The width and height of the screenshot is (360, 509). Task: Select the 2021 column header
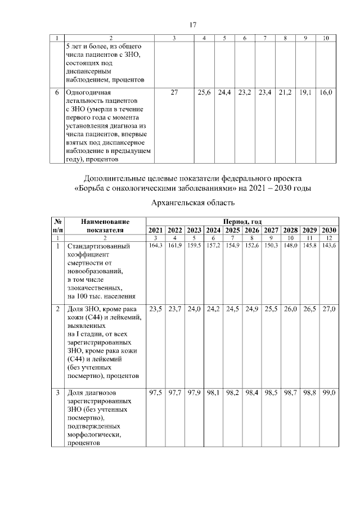(155, 230)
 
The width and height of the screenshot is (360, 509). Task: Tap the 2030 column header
(328, 230)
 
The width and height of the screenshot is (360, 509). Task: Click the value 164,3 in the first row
(155, 246)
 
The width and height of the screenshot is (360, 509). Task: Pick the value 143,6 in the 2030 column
(328, 246)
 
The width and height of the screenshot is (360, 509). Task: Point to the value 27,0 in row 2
(328, 309)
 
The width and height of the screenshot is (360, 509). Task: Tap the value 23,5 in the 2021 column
(155, 309)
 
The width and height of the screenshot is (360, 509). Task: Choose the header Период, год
(242, 222)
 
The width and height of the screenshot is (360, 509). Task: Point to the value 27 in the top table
(174, 92)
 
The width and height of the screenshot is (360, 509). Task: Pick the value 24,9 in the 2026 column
(251, 309)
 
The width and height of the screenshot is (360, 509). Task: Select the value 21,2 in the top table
(286, 92)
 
